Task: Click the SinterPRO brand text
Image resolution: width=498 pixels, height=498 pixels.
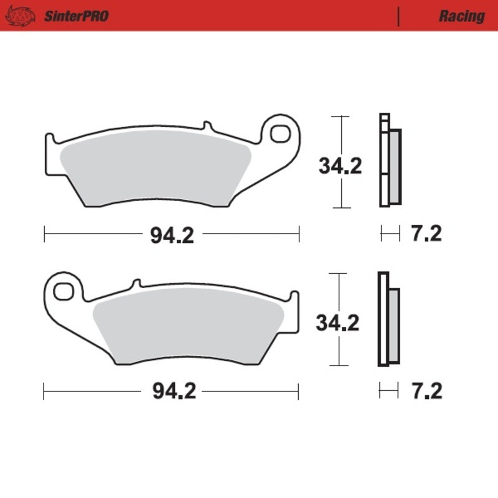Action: [x=76, y=16]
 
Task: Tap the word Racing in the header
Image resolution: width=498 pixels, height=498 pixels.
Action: [x=461, y=16]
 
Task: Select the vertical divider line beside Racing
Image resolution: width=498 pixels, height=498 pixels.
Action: [x=398, y=16]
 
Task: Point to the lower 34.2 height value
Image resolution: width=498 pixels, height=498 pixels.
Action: [x=338, y=323]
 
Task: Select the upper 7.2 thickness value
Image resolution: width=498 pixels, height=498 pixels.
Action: [x=426, y=234]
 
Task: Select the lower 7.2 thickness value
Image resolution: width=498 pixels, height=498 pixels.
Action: [x=426, y=392]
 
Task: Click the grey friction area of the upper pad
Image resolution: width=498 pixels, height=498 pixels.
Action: [x=156, y=171]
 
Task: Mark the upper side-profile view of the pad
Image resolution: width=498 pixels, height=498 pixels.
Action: [x=390, y=162]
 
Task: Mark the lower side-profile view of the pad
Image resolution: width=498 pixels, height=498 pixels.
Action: [x=388, y=320]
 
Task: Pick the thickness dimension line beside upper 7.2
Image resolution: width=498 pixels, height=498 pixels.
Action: [x=390, y=234]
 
